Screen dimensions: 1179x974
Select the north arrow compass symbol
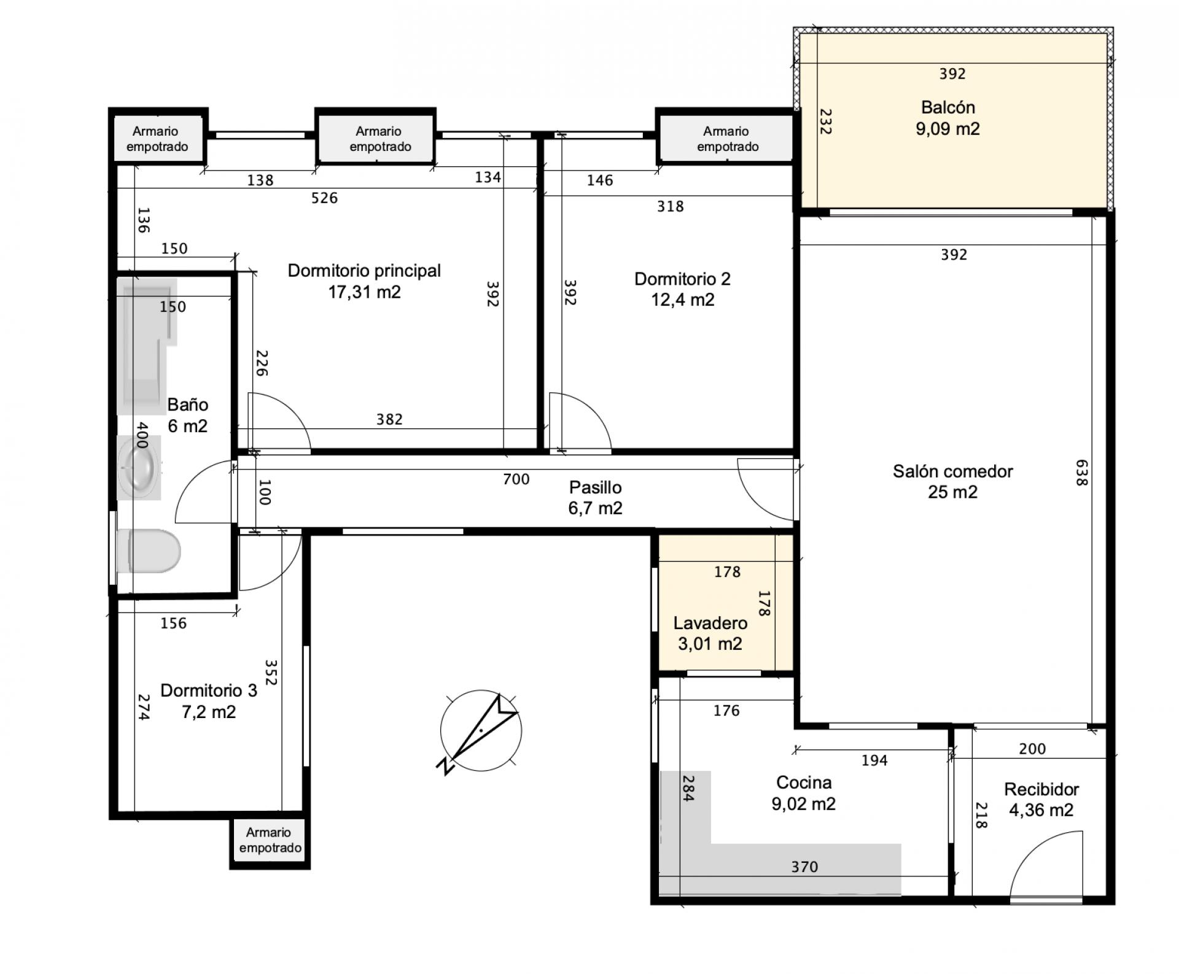pos(480,731)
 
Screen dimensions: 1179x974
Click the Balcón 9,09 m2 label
pos(947,118)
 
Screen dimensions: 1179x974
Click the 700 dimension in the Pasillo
pos(516,479)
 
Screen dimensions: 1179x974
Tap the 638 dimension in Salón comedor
pos(1081,473)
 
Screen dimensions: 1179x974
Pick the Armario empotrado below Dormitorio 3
pos(270,840)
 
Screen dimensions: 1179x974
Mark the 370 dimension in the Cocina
pos(804,867)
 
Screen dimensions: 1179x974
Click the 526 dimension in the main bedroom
pos(324,198)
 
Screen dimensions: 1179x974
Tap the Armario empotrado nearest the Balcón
pos(727,139)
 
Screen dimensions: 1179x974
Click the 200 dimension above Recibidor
pos(1032,749)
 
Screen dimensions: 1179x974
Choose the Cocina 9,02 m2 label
pos(804,793)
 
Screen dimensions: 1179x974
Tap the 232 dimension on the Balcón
pos(826,122)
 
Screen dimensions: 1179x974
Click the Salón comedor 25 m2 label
pos(952,482)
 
